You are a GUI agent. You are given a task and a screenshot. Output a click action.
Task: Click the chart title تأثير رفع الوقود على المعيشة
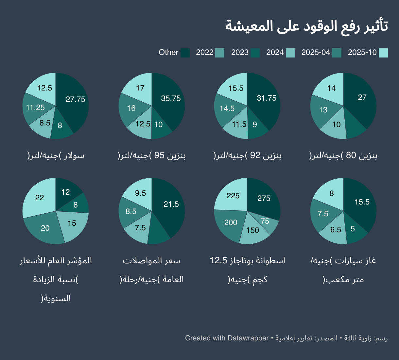[x=306, y=26]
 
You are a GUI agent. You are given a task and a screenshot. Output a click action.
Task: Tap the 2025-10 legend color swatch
[x=383, y=53]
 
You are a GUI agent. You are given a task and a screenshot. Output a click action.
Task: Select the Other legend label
[x=168, y=53]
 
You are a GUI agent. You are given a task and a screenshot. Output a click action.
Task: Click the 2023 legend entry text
[x=240, y=53]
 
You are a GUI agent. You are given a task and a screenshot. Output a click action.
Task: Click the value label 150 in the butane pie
[x=252, y=231]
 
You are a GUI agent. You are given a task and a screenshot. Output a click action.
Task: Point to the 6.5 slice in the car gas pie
[x=336, y=230]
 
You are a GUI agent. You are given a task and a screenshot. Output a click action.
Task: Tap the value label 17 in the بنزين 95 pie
[x=140, y=88]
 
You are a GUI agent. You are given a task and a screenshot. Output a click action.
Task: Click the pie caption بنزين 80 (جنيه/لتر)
[x=343, y=155]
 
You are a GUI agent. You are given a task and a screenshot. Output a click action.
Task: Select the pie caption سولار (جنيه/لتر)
[x=56, y=155]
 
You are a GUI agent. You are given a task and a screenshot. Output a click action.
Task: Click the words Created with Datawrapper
[x=227, y=338]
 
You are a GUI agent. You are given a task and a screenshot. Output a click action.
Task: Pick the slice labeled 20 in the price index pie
[x=45, y=228]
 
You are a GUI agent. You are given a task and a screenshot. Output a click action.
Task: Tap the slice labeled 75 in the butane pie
[x=265, y=221]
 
